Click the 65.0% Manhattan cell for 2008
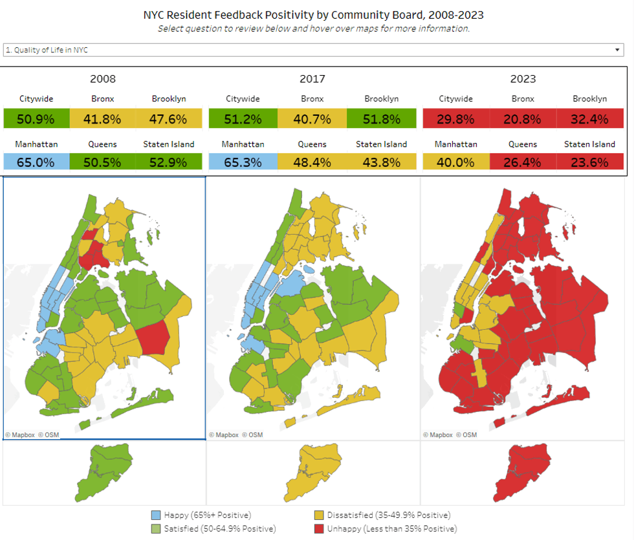(x=36, y=162)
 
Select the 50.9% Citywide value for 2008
(x=36, y=119)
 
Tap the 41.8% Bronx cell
(x=103, y=119)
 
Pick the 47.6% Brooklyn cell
(x=169, y=119)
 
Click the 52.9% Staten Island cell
(x=169, y=162)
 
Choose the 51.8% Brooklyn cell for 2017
(x=381, y=119)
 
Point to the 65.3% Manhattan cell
(x=243, y=162)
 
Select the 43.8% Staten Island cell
(x=381, y=162)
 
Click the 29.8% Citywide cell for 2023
(x=455, y=119)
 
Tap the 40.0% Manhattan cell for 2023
(x=455, y=162)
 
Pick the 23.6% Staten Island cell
(x=589, y=162)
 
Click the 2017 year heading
(x=312, y=79)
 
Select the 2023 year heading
(x=523, y=79)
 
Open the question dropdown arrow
(x=617, y=50)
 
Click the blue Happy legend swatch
(x=156, y=515)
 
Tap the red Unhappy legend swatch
(x=318, y=529)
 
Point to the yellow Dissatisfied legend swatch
(x=318, y=515)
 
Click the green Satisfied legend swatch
(x=156, y=529)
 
